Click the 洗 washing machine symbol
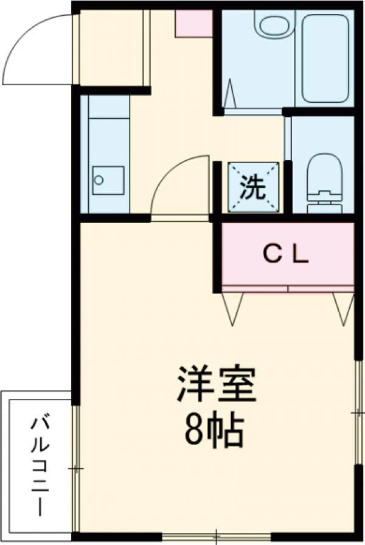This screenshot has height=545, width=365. click(254, 187)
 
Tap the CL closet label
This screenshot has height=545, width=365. click(285, 255)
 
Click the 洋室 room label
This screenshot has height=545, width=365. click(216, 384)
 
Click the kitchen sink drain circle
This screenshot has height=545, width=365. click(99, 180)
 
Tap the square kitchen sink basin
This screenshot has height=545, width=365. click(108, 180)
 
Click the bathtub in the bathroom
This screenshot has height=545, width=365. click(325, 58)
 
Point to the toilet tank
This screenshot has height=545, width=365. click(325, 205)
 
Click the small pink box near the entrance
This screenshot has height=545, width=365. click(193, 23)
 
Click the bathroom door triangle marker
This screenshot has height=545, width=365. click(229, 93)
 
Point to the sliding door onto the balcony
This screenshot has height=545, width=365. click(75, 468)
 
